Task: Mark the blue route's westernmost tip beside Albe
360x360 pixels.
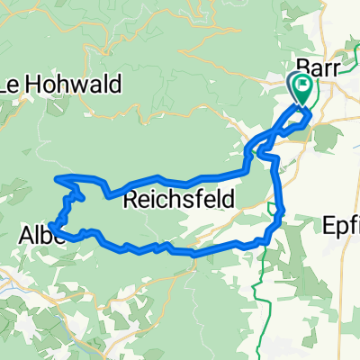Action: [x=52, y=226]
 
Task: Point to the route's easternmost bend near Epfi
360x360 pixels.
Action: [x=283, y=211]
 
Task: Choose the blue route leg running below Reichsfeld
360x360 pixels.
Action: [x=180, y=252]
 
